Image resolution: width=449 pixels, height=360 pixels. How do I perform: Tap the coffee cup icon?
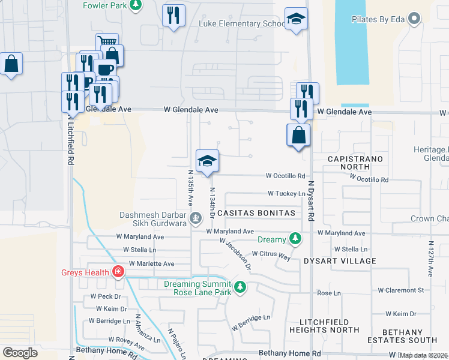(104, 69)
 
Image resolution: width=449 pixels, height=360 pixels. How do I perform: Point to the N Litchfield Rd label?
(71, 140)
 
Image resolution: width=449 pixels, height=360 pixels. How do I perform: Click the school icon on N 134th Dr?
(207, 161)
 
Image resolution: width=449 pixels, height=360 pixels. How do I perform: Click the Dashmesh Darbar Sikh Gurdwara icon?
(196, 217)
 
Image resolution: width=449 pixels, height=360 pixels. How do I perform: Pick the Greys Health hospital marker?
(119, 272)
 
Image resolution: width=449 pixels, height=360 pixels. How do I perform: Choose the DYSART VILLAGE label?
(340, 261)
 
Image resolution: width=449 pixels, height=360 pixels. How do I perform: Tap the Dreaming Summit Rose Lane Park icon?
(240, 287)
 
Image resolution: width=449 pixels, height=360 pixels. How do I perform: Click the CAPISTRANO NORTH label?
(351, 162)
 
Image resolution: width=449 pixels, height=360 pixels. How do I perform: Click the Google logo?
(20, 353)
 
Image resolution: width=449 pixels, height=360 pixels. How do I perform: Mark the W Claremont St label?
(400, 290)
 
